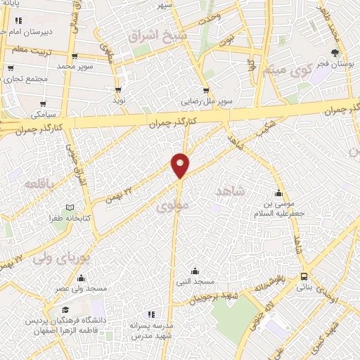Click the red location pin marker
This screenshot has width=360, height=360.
pyautogui.click(x=180, y=165)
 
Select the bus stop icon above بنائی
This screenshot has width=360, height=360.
pyautogui.click(x=304, y=276)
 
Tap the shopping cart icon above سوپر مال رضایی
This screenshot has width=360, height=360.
pyautogui.click(x=205, y=90)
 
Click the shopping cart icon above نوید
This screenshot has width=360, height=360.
pyautogui.click(x=118, y=90)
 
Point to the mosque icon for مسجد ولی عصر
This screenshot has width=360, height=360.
pyautogui.click(x=82, y=278)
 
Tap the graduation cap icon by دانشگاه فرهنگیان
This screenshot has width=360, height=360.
pyautogui.click(x=65, y=310)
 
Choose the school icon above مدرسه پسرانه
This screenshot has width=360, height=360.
pyautogui.click(x=149, y=315)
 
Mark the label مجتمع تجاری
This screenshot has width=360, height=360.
pyautogui.click(x=25, y=79)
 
